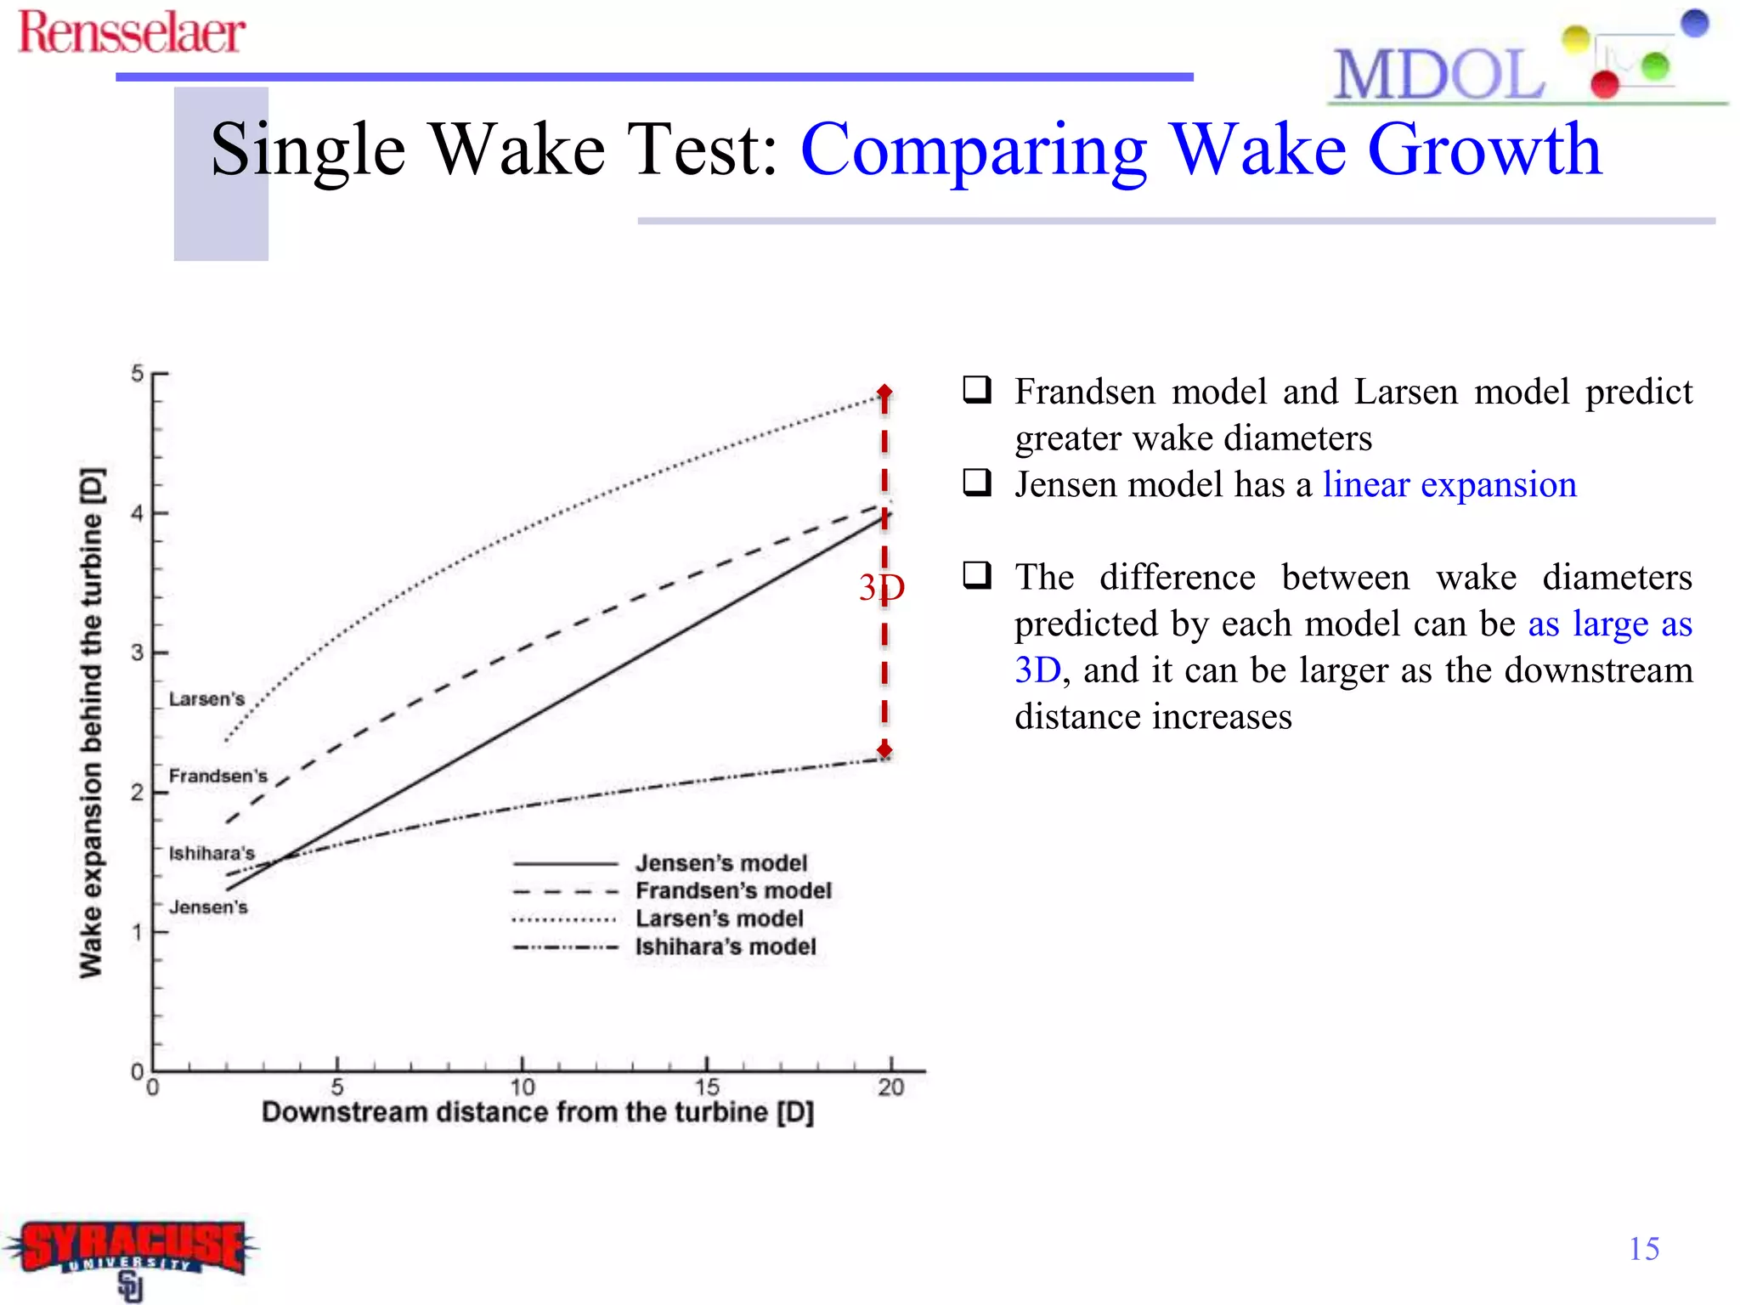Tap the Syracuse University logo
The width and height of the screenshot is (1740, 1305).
tap(132, 1253)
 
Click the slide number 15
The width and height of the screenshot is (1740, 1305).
tap(1643, 1249)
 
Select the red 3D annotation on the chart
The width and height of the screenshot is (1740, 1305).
tap(881, 588)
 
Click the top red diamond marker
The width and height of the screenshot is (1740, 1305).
tap(884, 393)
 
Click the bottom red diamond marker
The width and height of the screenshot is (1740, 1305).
tap(884, 750)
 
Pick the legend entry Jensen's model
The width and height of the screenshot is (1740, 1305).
tap(720, 863)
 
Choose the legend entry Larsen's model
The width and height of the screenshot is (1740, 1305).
tap(719, 918)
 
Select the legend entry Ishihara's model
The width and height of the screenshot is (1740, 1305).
tap(725, 946)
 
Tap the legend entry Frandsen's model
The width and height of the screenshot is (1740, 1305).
tap(732, 890)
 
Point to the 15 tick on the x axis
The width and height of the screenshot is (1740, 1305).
tap(707, 1087)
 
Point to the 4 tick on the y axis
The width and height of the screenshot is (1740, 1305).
tap(138, 513)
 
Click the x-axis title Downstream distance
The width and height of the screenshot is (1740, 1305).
tap(537, 1112)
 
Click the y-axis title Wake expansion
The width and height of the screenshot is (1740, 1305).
tap(91, 722)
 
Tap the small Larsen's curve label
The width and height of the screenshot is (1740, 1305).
tap(206, 699)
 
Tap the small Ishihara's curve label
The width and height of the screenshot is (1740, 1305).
tap(212, 853)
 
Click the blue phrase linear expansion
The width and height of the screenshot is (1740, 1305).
tap(1449, 485)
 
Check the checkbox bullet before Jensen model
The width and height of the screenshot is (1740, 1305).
tap(977, 483)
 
